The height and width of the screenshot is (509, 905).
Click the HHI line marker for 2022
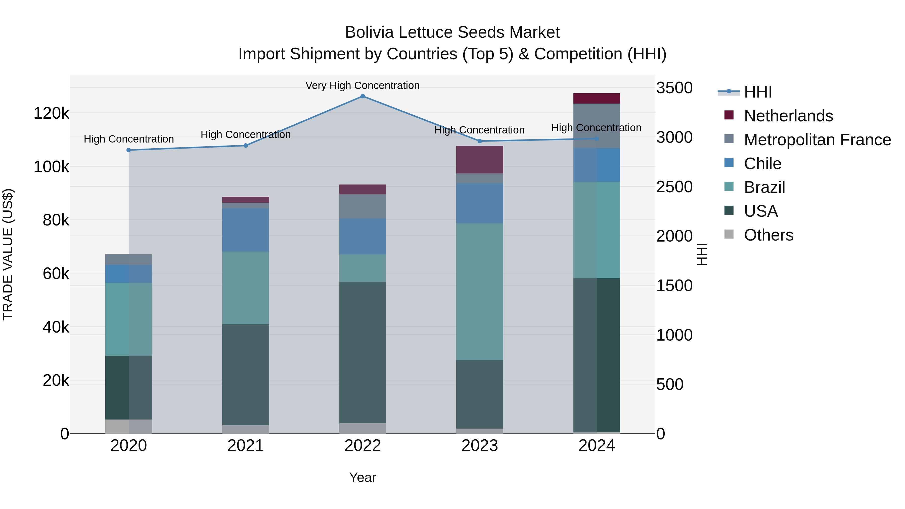point(363,96)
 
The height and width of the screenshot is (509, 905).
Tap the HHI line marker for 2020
point(128,150)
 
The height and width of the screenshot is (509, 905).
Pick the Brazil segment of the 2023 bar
point(480,292)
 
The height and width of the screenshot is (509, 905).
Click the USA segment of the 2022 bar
point(363,352)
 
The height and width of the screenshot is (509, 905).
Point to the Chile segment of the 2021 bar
point(246,230)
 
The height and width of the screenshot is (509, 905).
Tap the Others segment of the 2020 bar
point(128,427)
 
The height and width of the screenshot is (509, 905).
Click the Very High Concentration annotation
point(363,85)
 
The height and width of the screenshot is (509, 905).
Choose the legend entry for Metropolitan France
point(817,140)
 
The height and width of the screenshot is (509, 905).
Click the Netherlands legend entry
point(788,116)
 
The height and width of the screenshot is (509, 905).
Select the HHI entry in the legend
point(758,92)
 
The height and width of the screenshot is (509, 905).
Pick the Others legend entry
point(768,235)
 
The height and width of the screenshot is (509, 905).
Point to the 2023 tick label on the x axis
point(480,446)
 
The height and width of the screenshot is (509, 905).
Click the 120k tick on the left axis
point(51,113)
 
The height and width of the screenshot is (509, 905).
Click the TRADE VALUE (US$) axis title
point(8,254)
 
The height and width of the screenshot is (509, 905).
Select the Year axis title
point(363,477)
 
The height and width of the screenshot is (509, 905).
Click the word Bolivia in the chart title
point(370,32)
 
